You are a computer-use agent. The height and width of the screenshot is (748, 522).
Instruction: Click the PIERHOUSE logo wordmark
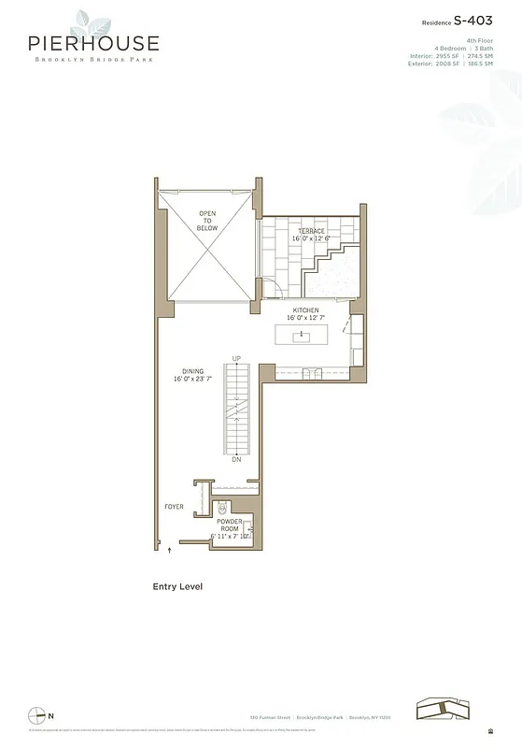tap(92, 43)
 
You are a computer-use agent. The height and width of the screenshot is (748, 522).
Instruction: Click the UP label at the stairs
tap(236, 359)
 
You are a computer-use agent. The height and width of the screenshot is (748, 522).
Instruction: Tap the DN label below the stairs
tap(236, 461)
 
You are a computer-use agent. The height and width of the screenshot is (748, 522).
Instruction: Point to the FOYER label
tap(174, 508)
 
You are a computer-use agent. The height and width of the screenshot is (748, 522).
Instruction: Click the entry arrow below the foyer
tap(169, 552)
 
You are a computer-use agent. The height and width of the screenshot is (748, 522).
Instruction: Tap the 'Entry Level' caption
tap(177, 587)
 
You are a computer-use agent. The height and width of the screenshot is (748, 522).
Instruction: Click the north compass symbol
tap(35, 714)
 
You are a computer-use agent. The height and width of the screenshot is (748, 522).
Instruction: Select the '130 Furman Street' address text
tap(269, 717)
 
